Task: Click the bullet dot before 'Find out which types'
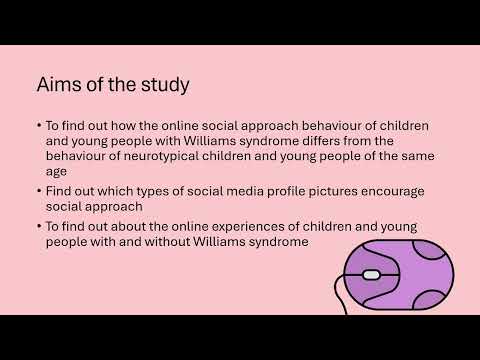(38, 189)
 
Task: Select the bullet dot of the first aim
(38, 127)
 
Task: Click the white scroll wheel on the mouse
(371, 275)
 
